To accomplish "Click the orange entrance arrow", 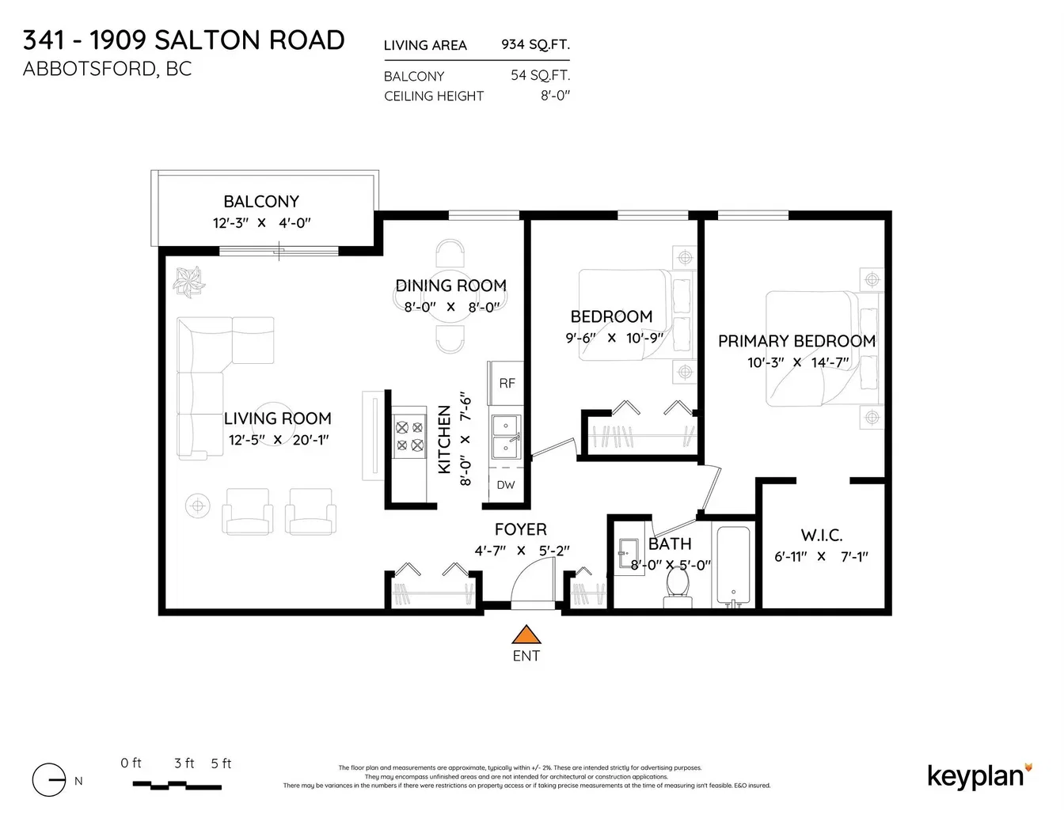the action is coord(526,634).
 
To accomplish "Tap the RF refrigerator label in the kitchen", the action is coord(507,383).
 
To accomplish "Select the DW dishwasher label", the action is coord(505,485).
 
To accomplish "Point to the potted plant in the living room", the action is coord(188,282).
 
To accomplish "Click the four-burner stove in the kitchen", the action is coord(409,437).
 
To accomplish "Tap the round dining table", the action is coord(450,297).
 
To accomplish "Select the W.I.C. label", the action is coord(821,535).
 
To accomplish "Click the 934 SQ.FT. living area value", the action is coord(535,44).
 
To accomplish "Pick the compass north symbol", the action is coord(48,780).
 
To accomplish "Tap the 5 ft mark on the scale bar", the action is coord(221,763).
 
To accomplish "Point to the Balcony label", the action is coord(261,201).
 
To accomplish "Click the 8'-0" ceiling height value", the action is coord(555,96).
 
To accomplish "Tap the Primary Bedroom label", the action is coord(796,341).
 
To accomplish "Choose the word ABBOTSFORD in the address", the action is coord(89,69).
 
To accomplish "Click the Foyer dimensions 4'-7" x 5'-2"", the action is coord(522,551).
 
